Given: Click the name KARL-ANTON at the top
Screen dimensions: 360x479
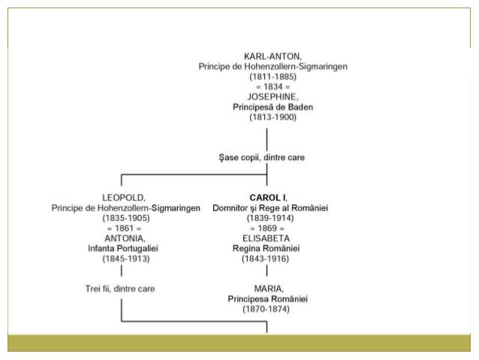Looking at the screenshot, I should [273, 56].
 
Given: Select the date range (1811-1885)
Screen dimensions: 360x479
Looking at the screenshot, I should [273, 77].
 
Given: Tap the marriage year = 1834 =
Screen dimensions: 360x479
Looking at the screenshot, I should [273, 87].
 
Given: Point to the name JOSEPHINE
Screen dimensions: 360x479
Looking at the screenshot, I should [273, 97].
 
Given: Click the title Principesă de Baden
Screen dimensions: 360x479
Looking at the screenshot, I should [273, 107].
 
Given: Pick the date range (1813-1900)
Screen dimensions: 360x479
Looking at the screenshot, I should [273, 117].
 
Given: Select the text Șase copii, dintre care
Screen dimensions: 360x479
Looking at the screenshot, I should [267, 158].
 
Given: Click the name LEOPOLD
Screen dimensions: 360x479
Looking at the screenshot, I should [125, 197].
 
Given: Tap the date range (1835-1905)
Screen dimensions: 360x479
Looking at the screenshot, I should [125, 217].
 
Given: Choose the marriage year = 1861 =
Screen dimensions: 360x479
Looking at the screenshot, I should [125, 228].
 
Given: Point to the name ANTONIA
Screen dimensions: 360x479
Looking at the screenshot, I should [125, 237].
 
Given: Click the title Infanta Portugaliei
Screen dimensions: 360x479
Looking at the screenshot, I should [125, 248].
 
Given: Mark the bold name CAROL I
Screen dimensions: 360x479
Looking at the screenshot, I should [267, 197].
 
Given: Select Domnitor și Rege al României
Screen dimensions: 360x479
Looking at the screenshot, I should [271, 207].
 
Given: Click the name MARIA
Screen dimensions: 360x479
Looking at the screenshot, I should [267, 288].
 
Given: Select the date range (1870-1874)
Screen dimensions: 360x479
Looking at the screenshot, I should [267, 308].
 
